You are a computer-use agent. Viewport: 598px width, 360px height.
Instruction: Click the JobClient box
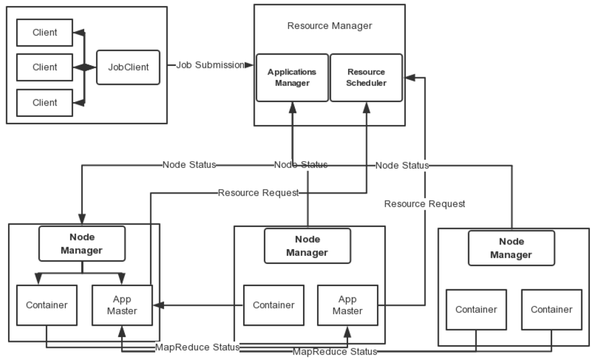coord(128,67)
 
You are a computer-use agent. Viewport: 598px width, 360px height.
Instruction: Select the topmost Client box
coord(44,32)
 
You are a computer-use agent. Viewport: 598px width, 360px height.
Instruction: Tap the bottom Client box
coord(44,103)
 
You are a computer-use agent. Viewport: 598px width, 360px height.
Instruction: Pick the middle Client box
coord(44,67)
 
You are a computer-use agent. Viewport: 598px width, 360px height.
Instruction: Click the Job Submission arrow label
coord(210,65)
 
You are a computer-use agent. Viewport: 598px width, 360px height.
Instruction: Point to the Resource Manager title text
coord(329,26)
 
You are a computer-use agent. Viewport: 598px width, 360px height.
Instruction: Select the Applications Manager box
coord(292,78)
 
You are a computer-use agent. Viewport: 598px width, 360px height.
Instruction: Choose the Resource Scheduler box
coord(366,78)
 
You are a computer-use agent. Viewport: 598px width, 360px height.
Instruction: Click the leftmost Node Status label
coord(189,165)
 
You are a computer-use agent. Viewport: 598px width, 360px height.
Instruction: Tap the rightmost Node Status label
coord(402,165)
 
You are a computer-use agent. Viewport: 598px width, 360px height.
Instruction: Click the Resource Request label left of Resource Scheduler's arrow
coord(258,193)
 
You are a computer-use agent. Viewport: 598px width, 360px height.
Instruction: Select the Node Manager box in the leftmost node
coord(82,244)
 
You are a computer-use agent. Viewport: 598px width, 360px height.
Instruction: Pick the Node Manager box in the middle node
coord(307,246)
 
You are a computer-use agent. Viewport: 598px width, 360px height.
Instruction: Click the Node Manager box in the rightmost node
coord(511,248)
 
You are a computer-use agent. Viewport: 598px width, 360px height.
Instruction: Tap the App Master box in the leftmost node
coord(122,305)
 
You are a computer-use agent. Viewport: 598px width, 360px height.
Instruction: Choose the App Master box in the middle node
coord(347,305)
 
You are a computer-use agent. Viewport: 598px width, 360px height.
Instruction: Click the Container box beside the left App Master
coord(46,305)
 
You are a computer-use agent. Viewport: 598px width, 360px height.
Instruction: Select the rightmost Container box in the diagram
coord(552,310)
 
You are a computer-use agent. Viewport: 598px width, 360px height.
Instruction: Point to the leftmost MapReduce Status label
coord(197,347)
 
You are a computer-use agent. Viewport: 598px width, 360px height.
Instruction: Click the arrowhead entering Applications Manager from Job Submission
coord(250,65)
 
